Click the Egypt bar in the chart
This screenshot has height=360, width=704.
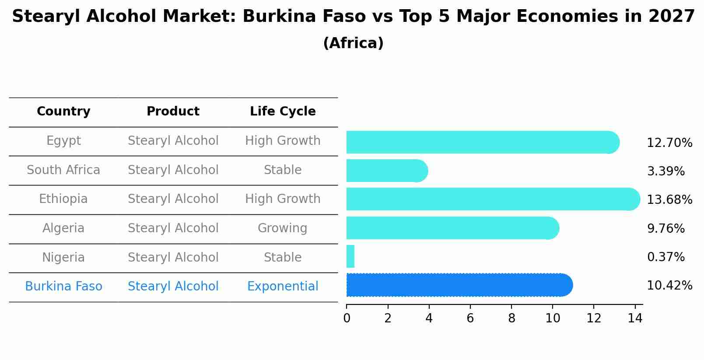(x=481, y=142)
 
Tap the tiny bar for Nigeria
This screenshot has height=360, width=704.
(x=350, y=256)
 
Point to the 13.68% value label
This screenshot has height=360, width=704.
(x=669, y=200)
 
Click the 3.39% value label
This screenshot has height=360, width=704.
(x=665, y=171)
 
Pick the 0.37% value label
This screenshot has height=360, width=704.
(x=665, y=257)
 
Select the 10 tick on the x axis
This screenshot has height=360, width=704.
(x=553, y=318)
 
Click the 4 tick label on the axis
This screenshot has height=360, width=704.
(x=429, y=318)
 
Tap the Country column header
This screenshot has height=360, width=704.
(x=63, y=112)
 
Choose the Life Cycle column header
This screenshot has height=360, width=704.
(x=283, y=112)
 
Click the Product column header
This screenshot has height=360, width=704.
(x=173, y=112)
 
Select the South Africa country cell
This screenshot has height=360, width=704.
(x=63, y=170)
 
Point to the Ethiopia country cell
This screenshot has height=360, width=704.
(x=63, y=199)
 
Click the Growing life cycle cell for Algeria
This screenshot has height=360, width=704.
(x=283, y=228)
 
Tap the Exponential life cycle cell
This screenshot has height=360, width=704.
(x=283, y=287)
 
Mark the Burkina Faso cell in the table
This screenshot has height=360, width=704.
(x=63, y=287)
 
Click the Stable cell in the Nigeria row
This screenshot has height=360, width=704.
(x=283, y=258)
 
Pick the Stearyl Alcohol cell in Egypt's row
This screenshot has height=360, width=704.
(x=173, y=141)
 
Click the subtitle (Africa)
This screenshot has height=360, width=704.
(x=353, y=43)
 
